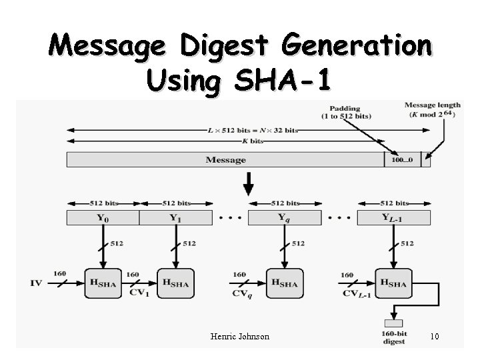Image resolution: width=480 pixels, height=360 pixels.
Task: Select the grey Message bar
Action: (x=225, y=160)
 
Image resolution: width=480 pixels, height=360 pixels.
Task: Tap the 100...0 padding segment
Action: (x=402, y=160)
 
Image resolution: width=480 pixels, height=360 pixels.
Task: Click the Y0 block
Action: (x=103, y=217)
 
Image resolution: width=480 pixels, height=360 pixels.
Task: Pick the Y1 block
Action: (x=175, y=217)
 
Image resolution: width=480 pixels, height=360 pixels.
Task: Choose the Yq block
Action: (x=285, y=217)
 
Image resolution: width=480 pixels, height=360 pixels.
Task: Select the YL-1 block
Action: (x=393, y=217)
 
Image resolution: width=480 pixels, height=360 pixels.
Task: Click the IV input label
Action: (x=36, y=283)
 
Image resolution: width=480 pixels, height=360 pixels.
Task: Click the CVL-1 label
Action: (x=354, y=292)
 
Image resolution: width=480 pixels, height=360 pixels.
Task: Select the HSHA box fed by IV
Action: (x=103, y=283)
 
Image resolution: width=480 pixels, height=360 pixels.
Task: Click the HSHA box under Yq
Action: (x=285, y=283)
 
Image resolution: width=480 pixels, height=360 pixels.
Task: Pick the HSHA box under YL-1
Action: (x=393, y=283)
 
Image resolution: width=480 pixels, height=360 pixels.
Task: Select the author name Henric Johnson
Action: (x=239, y=337)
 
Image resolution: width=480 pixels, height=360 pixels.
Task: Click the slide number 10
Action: (x=435, y=337)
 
